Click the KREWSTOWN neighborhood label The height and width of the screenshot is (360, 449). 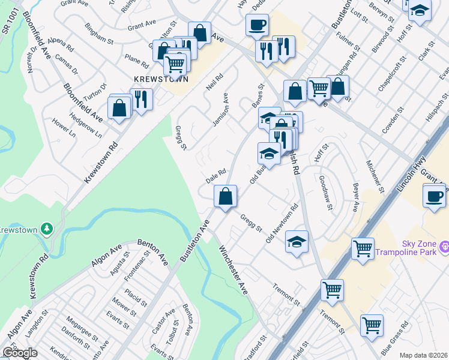click(161, 79)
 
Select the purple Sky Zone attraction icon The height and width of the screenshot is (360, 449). click(444, 246)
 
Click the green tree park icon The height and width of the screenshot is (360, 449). click(46, 229)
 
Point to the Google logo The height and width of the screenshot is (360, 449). click(20, 353)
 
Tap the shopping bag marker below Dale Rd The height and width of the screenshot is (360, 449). click(226, 196)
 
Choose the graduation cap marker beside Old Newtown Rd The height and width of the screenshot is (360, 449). click(297, 242)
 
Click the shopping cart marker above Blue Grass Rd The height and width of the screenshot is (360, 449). click(372, 325)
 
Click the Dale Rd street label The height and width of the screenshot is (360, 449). click(215, 176)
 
